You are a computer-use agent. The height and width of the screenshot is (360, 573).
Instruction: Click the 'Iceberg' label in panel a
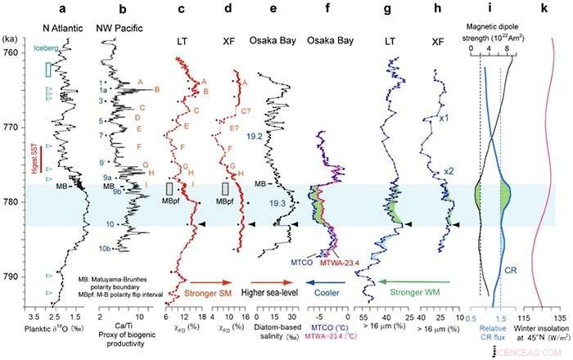click(48, 49)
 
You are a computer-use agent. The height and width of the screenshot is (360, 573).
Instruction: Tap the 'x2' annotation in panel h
click(449, 171)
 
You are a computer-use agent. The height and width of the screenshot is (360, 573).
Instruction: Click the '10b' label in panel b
click(106, 248)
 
